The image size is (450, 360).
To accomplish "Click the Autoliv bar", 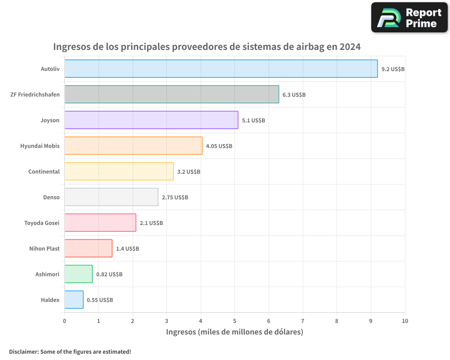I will click(221, 69).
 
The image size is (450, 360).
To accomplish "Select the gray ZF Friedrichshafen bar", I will click(171, 94).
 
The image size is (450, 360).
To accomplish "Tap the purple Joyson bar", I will click(151, 120).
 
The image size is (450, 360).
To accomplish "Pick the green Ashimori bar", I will click(78, 274).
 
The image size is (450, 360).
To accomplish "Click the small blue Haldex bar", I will click(74, 300).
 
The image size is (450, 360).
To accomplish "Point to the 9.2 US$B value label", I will click(393, 69).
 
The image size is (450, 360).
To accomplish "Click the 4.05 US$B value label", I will click(219, 146).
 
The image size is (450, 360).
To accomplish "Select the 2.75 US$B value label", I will click(175, 198).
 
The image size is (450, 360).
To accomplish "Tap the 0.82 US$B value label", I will click(109, 274).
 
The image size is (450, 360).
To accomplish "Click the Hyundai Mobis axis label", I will click(40, 146).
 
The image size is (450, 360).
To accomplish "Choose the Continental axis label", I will click(44, 171).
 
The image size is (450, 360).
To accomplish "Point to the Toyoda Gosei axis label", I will click(41, 223).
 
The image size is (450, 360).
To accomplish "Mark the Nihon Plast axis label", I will click(44, 248).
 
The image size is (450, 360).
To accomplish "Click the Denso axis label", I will click(51, 197).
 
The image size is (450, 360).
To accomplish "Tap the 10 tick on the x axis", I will click(405, 321).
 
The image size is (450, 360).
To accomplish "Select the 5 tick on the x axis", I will click(234, 321).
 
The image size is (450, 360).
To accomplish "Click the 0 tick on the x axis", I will click(64, 321).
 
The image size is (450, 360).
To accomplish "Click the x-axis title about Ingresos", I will click(234, 332).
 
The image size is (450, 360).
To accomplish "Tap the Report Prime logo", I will click(409, 18).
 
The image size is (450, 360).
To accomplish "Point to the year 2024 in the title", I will click(350, 46).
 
